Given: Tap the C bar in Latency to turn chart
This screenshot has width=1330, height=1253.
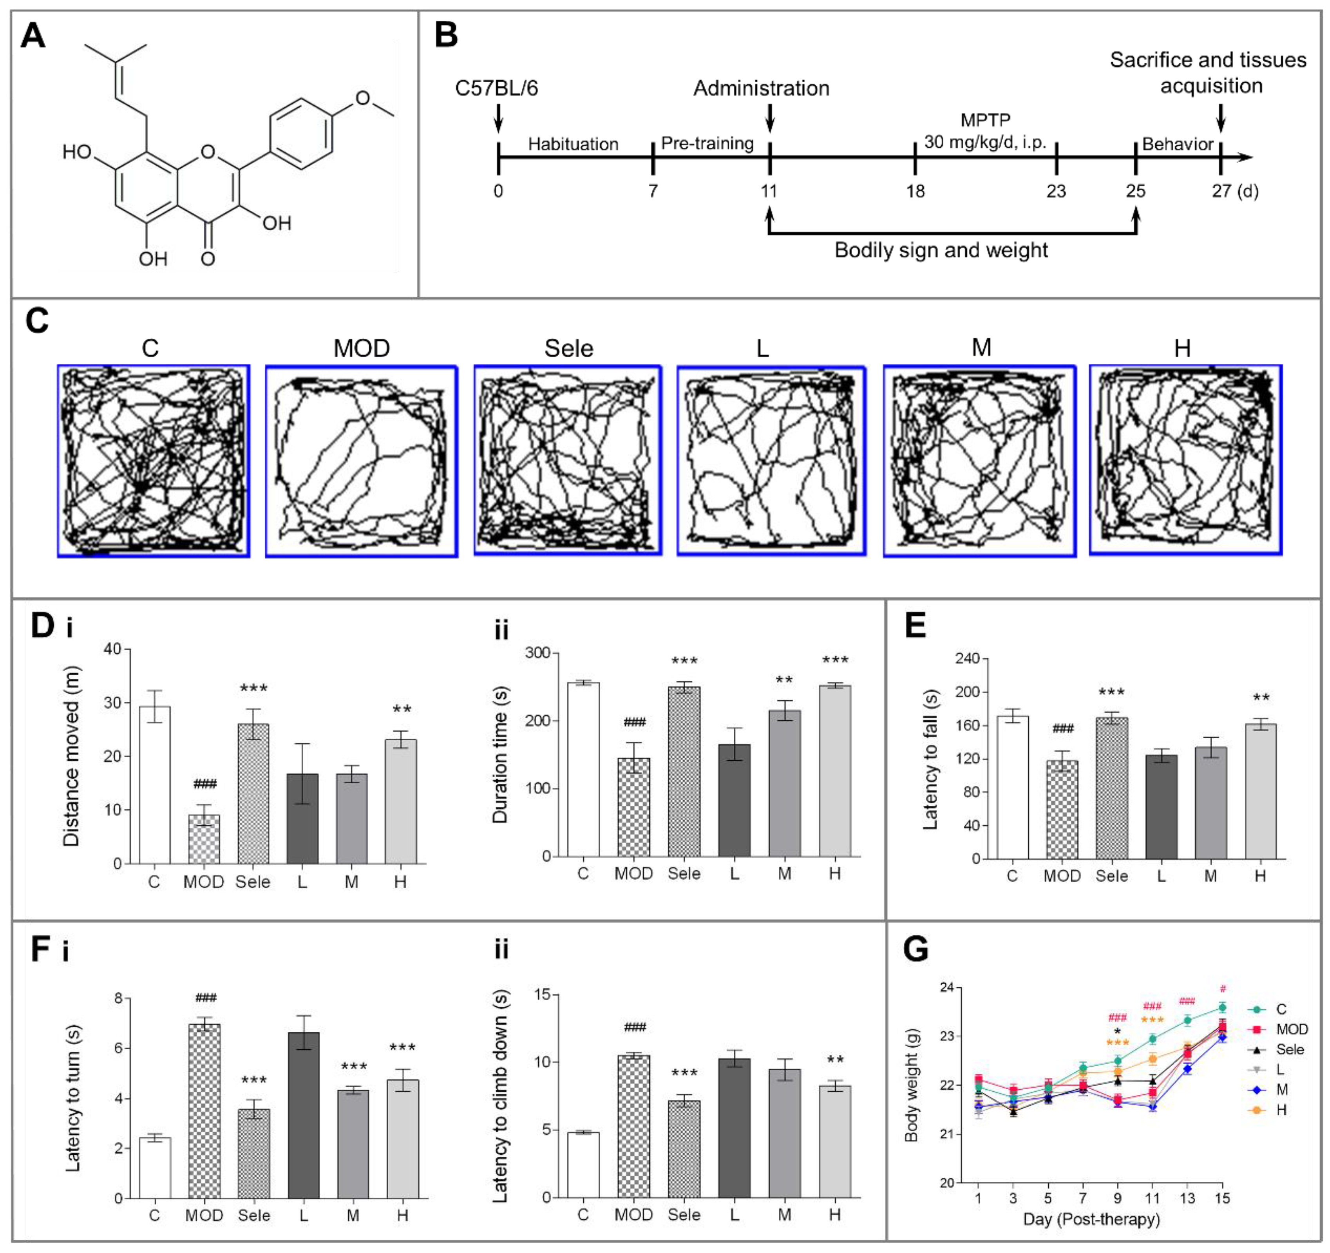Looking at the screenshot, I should pyautogui.click(x=154, y=1167).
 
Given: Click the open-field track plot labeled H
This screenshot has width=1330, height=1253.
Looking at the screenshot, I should pyautogui.click(x=1185, y=460).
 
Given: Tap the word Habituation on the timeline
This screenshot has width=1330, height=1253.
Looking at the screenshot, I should pyautogui.click(x=574, y=144).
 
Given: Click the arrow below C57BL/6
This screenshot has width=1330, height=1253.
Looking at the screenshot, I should pyautogui.click(x=498, y=120).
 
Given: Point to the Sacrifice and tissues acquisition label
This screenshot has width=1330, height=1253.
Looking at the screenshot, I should pyautogui.click(x=1208, y=72).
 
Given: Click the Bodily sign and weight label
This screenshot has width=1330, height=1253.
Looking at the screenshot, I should pyautogui.click(x=941, y=250).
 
